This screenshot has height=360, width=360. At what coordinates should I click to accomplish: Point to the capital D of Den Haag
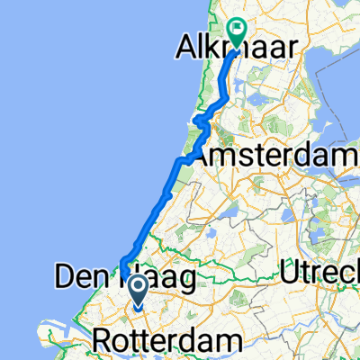pyautogui.click(x=66, y=278)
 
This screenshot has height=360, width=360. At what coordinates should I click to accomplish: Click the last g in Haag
pyautogui.click(x=186, y=283)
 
